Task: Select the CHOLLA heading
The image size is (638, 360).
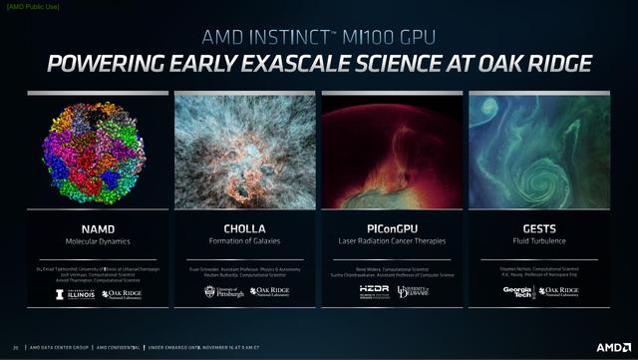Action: tap(245, 228)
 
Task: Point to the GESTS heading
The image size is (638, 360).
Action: tap(539, 228)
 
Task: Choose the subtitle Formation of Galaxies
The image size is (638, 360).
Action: tap(245, 241)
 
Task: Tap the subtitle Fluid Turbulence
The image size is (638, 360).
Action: tap(539, 241)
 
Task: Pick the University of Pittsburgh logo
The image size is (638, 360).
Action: tap(220, 292)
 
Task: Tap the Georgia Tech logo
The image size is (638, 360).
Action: tap(516, 292)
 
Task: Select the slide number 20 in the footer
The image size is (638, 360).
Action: tap(16, 348)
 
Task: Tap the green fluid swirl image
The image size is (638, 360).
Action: tap(539, 152)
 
